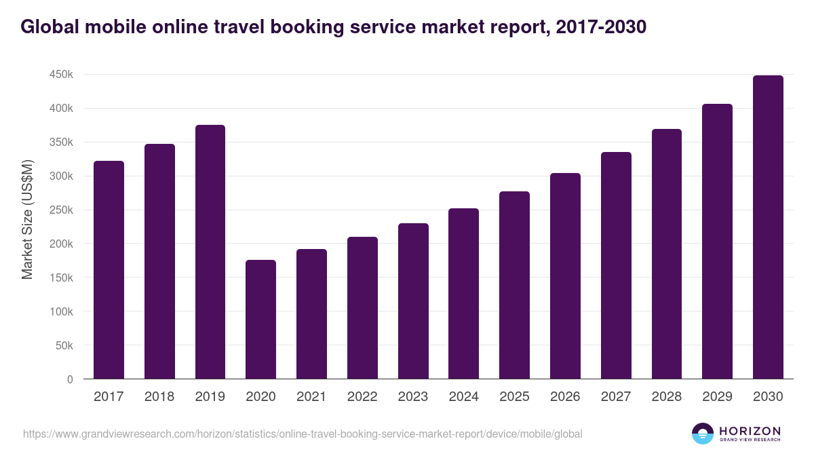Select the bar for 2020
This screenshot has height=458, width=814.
pyautogui.click(x=260, y=319)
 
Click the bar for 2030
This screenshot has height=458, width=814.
pyautogui.click(x=768, y=227)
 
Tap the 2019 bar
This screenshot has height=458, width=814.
pyautogui.click(x=210, y=252)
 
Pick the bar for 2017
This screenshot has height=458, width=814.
pyautogui.click(x=109, y=269)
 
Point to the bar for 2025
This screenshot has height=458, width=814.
pyautogui.click(x=514, y=285)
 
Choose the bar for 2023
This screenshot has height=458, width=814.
pyautogui.click(x=413, y=301)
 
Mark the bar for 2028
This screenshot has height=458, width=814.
pyautogui.click(x=666, y=254)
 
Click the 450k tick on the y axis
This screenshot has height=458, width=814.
pyautogui.click(x=61, y=75)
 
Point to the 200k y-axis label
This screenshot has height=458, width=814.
pyautogui.click(x=61, y=244)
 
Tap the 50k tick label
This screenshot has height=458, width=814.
pyautogui.click(x=64, y=346)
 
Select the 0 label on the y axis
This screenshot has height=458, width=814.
pyautogui.click(x=70, y=380)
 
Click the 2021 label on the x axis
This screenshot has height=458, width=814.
pyautogui.click(x=311, y=397)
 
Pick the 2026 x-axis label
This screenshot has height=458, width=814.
pyautogui.click(x=565, y=397)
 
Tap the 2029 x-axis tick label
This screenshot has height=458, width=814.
pyautogui.click(x=717, y=397)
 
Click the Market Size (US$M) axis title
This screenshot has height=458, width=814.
pyautogui.click(x=27, y=218)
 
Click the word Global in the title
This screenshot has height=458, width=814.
pyautogui.click(x=50, y=27)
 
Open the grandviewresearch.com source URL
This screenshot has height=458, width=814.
pyautogui.click(x=303, y=434)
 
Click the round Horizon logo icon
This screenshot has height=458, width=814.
pyautogui.click(x=703, y=434)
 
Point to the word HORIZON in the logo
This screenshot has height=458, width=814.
pyautogui.click(x=750, y=431)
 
